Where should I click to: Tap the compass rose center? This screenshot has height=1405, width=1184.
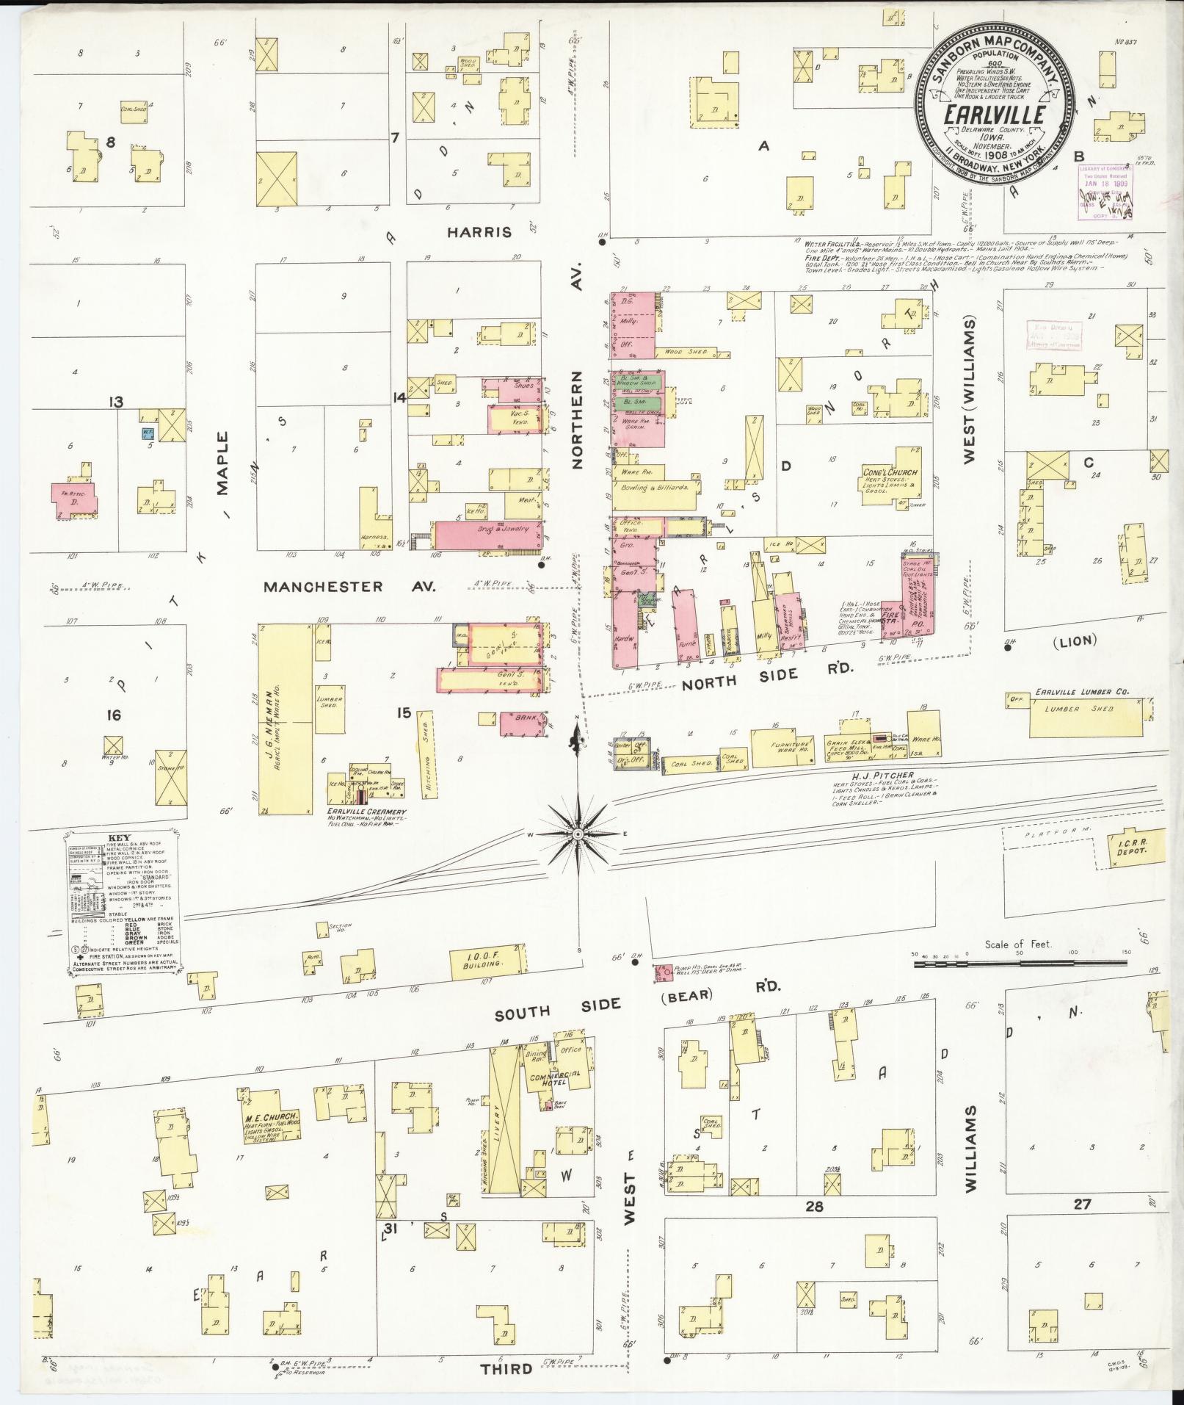coord(578,834)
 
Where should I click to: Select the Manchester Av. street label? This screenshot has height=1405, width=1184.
coord(349,587)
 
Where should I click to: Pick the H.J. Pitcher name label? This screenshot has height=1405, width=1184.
coord(874,775)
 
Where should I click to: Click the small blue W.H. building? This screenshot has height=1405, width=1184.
coord(148,433)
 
